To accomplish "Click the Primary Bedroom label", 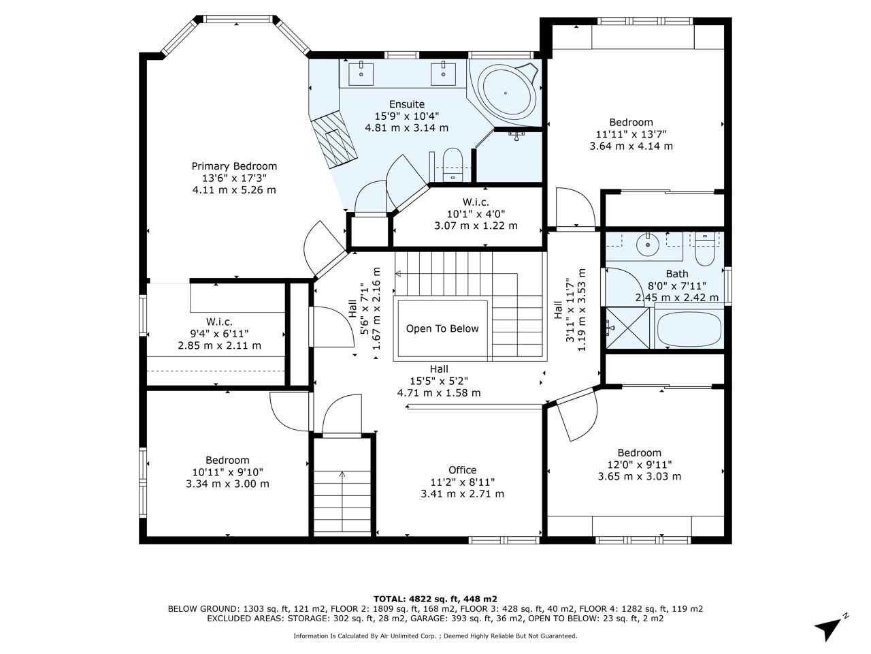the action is coord(234,166).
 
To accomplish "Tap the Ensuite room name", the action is coord(407,104).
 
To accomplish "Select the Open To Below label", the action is coord(442,329).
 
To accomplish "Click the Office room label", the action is coord(462,470).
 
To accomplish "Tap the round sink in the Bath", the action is coord(648,243).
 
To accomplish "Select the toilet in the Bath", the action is coord(705,249).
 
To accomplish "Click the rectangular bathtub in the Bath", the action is coord(689,330).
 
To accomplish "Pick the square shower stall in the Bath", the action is coord(627,328).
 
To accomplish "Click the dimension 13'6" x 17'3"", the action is coord(234,178).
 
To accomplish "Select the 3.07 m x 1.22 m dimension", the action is coord(476,225).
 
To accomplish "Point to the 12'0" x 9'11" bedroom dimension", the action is coord(639,465).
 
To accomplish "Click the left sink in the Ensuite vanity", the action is coord(361,74).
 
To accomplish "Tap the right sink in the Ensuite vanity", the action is coord(443,74).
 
